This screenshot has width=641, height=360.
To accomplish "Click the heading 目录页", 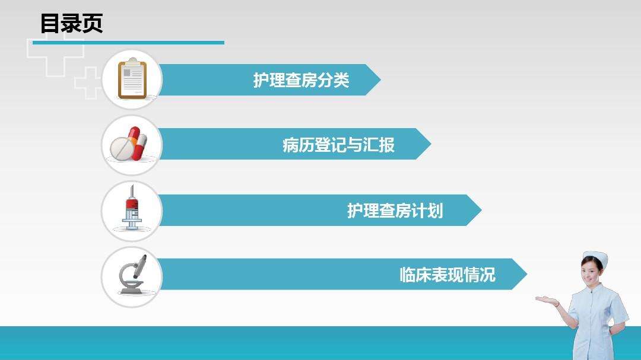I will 71,24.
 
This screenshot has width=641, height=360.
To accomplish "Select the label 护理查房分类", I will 301,80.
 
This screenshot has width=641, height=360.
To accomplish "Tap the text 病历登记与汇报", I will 338,145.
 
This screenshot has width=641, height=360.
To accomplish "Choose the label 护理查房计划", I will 395,211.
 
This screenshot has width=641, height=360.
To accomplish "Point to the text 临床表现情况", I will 447,275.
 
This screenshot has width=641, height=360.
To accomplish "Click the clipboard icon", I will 132,79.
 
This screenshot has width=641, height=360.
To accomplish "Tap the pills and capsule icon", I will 131,144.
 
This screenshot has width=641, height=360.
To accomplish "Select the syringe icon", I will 131,210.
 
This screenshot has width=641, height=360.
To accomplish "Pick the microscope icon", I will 131,275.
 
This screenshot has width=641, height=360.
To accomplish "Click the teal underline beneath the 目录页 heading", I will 128,43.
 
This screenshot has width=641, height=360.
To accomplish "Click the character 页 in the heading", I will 93,24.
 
